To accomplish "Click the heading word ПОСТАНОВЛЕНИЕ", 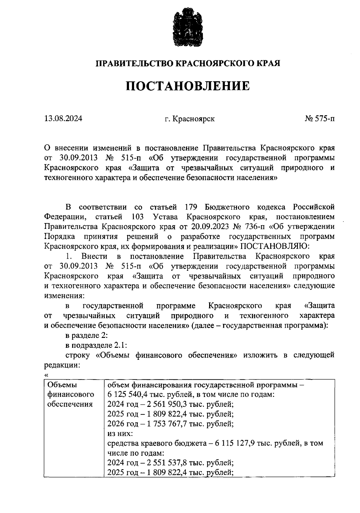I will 187,86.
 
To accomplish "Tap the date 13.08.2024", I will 63,119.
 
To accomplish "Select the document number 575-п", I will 324,119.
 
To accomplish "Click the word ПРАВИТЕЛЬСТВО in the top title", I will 134,64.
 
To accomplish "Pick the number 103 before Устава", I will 137,217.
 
